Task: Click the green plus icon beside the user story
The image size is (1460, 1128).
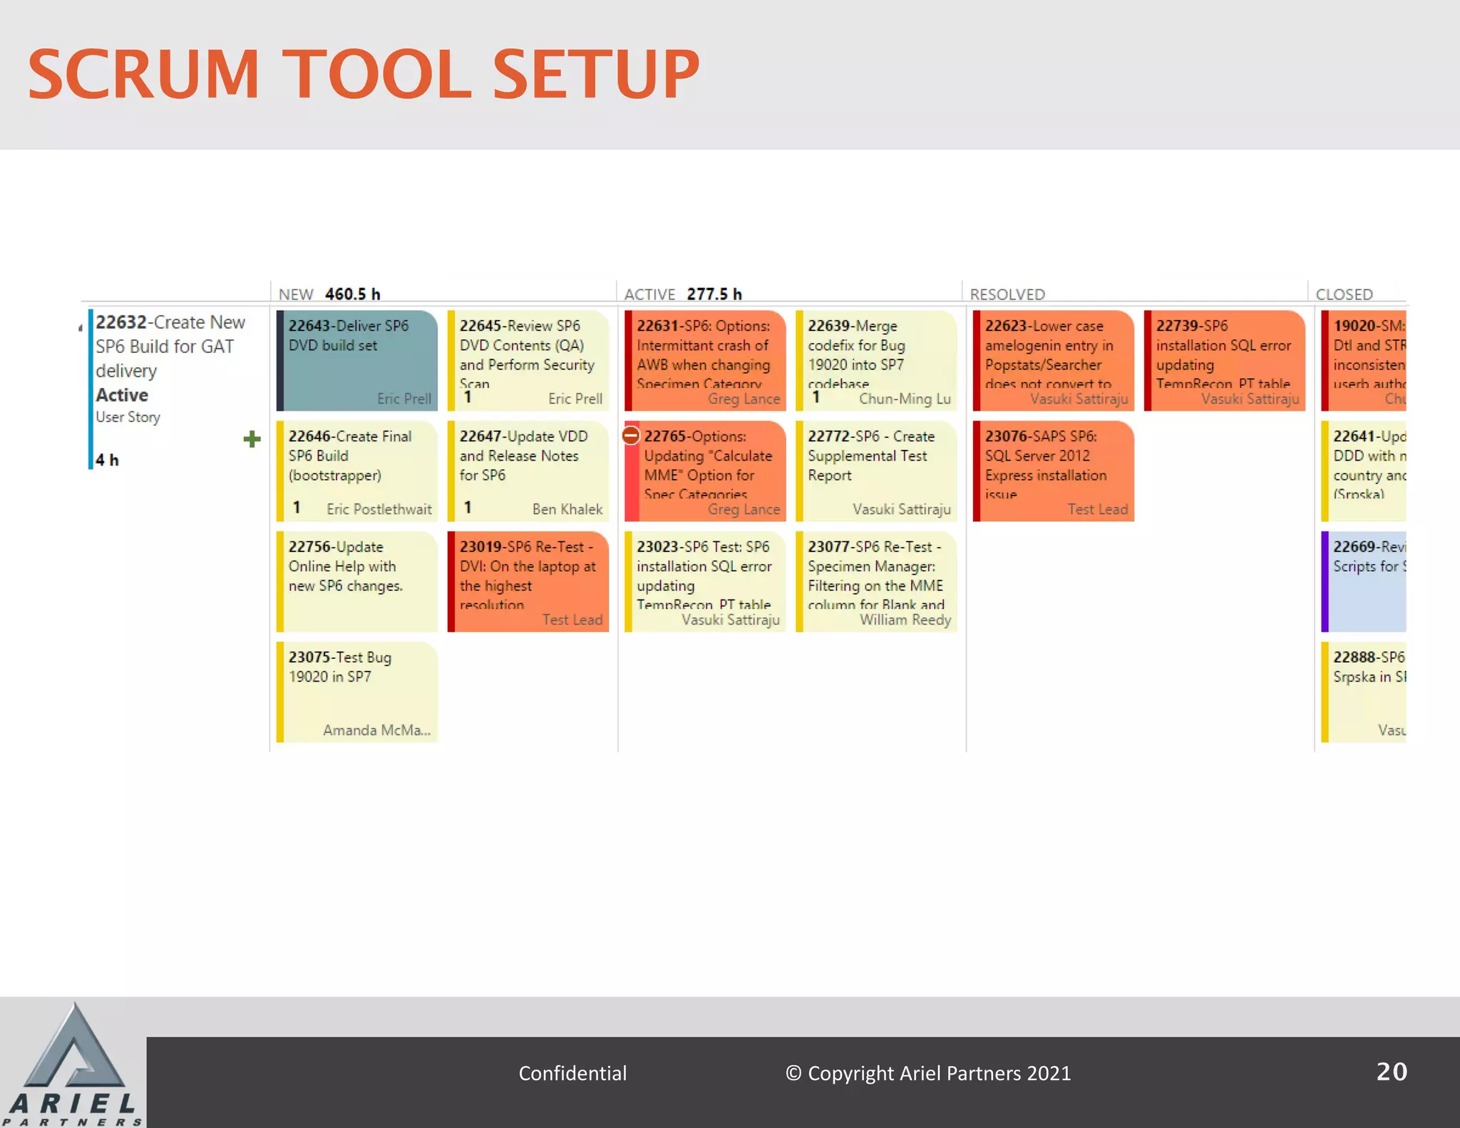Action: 252,439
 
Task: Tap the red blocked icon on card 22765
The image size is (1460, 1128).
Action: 631,435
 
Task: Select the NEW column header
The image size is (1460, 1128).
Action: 296,294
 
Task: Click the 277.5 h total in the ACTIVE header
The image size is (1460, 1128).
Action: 714,294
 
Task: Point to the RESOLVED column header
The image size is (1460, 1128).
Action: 1007,294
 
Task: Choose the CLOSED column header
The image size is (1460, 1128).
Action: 1344,294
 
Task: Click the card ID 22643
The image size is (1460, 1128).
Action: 309,326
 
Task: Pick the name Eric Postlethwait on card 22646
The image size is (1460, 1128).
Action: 379,509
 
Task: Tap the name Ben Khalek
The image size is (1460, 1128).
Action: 567,509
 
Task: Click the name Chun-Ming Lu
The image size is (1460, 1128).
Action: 905,399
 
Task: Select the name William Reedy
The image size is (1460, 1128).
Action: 905,620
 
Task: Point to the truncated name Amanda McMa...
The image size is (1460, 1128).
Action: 376,730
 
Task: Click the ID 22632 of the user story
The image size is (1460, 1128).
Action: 121,322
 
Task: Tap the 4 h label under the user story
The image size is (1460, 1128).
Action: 108,460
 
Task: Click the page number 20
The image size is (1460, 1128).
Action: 1392,1072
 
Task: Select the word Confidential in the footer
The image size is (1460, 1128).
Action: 572,1073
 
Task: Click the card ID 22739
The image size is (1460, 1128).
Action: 1177,326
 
